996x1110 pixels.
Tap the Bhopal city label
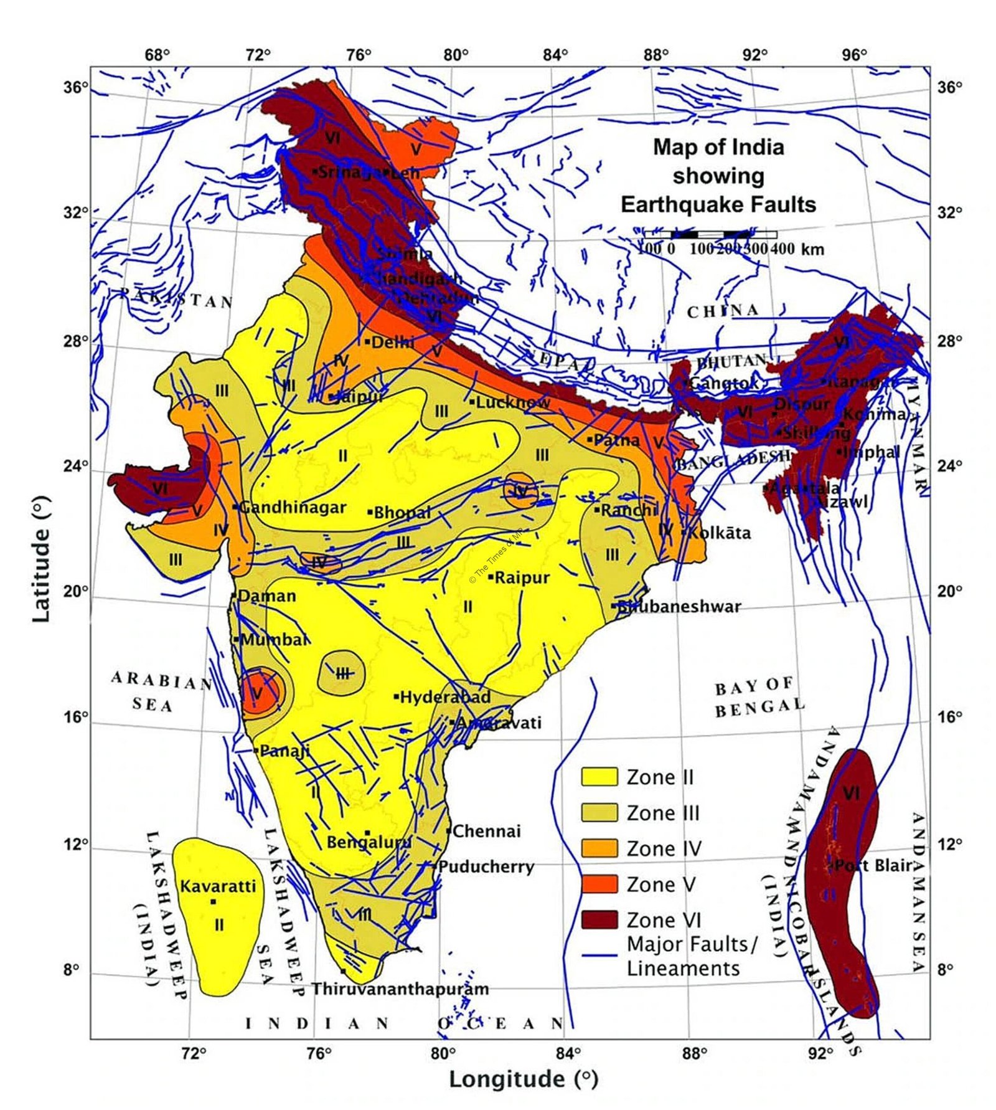point(402,513)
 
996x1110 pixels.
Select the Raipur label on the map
point(522,577)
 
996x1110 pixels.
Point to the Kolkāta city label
point(719,533)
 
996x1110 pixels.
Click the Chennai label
point(486,831)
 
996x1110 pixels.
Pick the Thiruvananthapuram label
point(400,989)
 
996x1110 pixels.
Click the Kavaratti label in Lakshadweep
point(218,886)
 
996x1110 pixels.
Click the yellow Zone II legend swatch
point(599,777)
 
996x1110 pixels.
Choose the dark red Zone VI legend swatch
point(599,919)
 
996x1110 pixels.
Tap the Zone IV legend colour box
point(599,848)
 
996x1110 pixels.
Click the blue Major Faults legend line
point(599,954)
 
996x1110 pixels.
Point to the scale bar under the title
point(710,235)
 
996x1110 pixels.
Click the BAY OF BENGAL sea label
point(758,696)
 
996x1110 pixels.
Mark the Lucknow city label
point(512,402)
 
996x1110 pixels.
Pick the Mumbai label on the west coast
point(273,639)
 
